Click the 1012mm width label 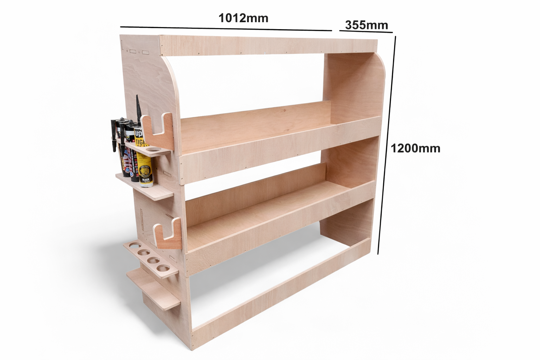(243, 18)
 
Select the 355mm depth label (366, 25)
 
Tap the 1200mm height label (415, 148)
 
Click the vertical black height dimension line (387, 144)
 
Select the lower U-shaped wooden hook (169, 234)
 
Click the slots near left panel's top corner (137, 52)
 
